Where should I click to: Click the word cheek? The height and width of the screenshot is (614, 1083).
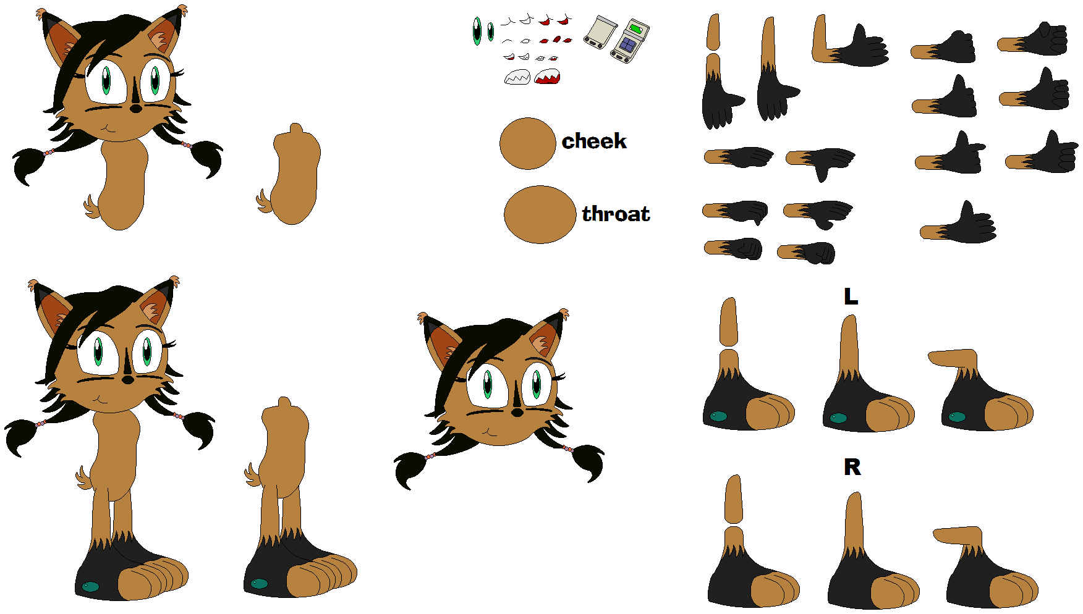point(594,141)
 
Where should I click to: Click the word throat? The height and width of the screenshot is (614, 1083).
point(616,214)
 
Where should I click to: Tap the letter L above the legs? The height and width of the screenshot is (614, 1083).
point(851,296)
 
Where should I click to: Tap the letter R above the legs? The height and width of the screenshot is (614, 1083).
point(852,467)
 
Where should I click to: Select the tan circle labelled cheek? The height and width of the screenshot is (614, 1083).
point(528,143)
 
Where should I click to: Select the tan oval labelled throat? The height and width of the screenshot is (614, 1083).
point(540,214)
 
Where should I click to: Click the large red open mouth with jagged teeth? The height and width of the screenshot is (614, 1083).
point(548,77)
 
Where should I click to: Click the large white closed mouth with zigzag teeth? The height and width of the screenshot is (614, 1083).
point(517,77)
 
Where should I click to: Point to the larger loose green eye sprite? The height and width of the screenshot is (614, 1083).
point(477,31)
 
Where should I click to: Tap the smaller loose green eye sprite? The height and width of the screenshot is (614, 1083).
point(491,32)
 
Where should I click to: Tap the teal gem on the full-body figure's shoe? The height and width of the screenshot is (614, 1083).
point(91,586)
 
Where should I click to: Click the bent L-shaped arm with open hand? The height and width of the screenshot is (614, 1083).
point(851,44)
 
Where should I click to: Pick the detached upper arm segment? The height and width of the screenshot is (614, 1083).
point(713,32)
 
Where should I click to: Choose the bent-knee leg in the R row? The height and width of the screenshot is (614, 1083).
point(985,567)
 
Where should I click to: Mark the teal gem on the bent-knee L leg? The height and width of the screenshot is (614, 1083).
point(957,417)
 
